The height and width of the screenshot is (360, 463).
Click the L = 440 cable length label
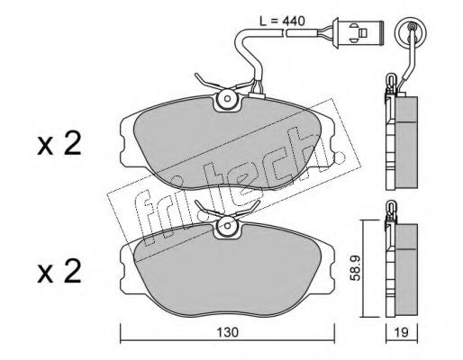pos(282,22)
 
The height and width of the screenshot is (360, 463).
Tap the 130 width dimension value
pos(227,332)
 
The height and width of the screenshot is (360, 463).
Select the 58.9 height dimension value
pos(356,268)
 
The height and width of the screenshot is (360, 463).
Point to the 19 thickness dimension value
pos(401,332)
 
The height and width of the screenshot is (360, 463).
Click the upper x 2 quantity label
pos(59,144)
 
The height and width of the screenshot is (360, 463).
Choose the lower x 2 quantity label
pos(59,272)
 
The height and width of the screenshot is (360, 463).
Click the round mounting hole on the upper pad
pos(227,99)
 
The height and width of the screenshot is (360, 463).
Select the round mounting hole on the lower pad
pos(227,226)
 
